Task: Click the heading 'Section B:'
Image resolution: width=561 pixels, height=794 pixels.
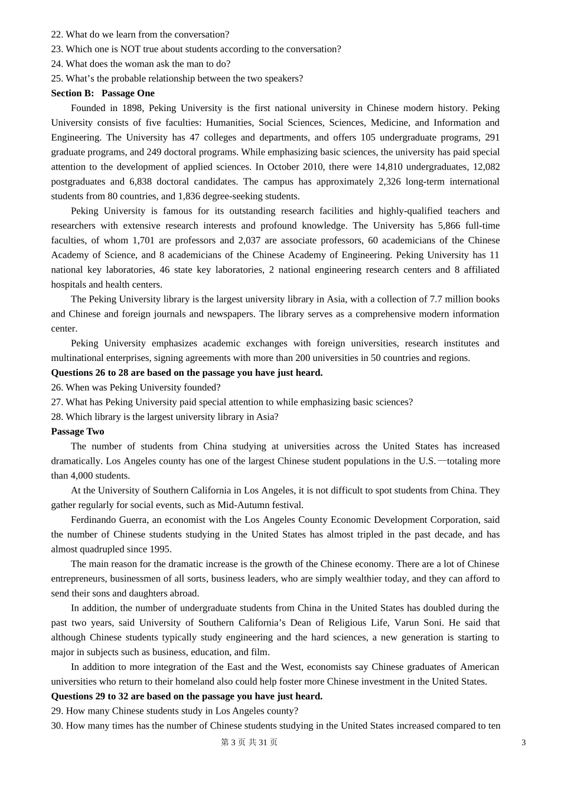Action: [72, 93]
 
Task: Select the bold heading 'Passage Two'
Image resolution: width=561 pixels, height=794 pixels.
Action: [77, 432]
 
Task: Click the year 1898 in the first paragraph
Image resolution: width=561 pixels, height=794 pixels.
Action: [132, 108]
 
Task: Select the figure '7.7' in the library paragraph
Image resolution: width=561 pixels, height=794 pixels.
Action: [436, 300]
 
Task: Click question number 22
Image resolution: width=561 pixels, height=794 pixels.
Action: [57, 35]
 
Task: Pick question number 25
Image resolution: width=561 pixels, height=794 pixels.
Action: [57, 79]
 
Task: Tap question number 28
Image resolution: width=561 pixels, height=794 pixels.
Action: [57, 417]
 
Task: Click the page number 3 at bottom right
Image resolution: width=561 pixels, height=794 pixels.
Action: [524, 743]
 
